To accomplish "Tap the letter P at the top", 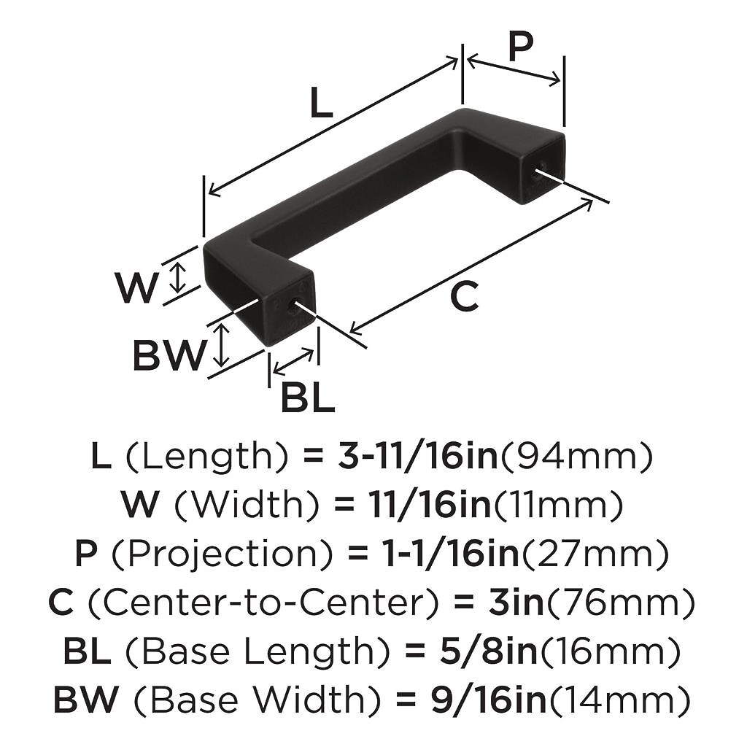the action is [520, 47].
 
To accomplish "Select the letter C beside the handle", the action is [464, 296].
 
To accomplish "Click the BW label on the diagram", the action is [169, 355].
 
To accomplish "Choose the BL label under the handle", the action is [308, 398].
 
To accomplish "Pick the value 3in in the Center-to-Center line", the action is [516, 603].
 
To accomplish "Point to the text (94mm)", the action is [576, 457].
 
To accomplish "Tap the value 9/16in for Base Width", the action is [488, 700].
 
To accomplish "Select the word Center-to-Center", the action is [263, 603].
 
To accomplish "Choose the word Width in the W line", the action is [247, 505].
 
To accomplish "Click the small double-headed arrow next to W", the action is [178, 278].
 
